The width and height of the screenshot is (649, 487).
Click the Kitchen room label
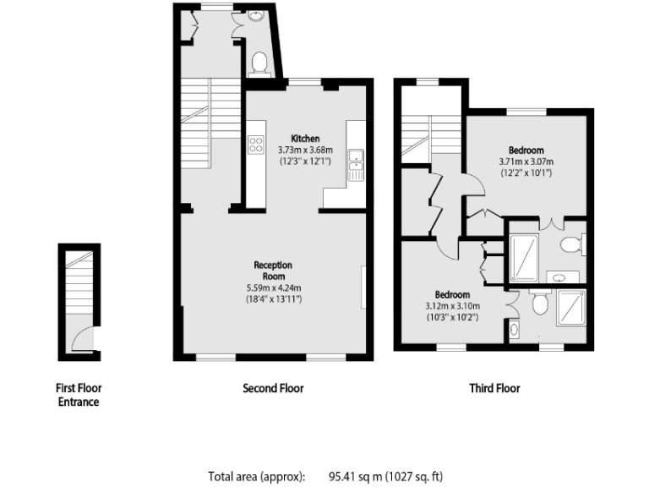(x=305, y=138)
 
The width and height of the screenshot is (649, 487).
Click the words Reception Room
(x=273, y=271)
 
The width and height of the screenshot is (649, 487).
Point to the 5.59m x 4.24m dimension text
(x=273, y=287)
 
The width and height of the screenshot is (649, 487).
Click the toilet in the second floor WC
(x=260, y=62)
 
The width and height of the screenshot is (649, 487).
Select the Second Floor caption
(x=273, y=388)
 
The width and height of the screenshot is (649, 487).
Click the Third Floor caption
(x=494, y=388)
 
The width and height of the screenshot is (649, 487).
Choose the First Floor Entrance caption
(x=78, y=395)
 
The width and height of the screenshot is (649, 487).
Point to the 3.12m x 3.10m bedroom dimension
(x=453, y=306)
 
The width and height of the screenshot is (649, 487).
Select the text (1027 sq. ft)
(x=415, y=476)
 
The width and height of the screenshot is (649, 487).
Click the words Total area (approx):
(x=256, y=476)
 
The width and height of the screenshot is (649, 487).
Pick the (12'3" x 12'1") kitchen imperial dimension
(x=305, y=161)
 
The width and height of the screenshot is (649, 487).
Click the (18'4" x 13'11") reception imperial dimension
(x=273, y=299)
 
